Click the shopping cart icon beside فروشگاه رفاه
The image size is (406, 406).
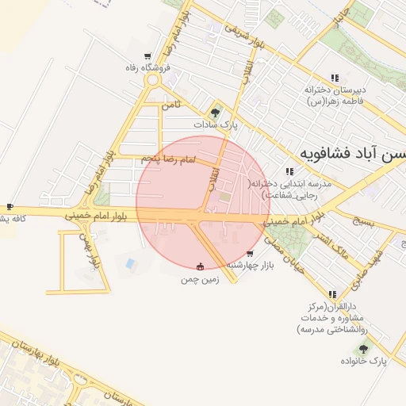point(147,56)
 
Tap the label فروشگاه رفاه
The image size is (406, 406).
point(142,68)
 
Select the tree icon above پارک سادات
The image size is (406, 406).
point(215,113)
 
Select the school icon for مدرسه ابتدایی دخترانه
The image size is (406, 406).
point(290,170)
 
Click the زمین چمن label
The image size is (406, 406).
point(199,279)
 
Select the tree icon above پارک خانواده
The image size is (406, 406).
point(363,348)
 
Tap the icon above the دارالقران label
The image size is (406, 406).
point(334,293)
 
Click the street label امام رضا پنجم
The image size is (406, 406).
point(168,160)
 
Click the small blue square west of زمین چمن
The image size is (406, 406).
point(130,262)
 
